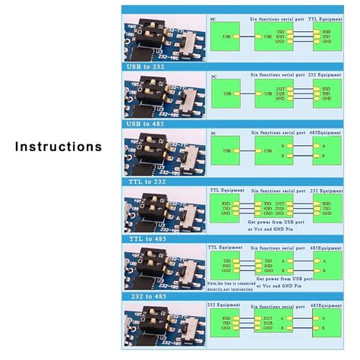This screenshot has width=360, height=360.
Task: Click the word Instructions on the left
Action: click(58, 146)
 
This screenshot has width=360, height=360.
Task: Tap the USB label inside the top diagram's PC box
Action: click(227, 36)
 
